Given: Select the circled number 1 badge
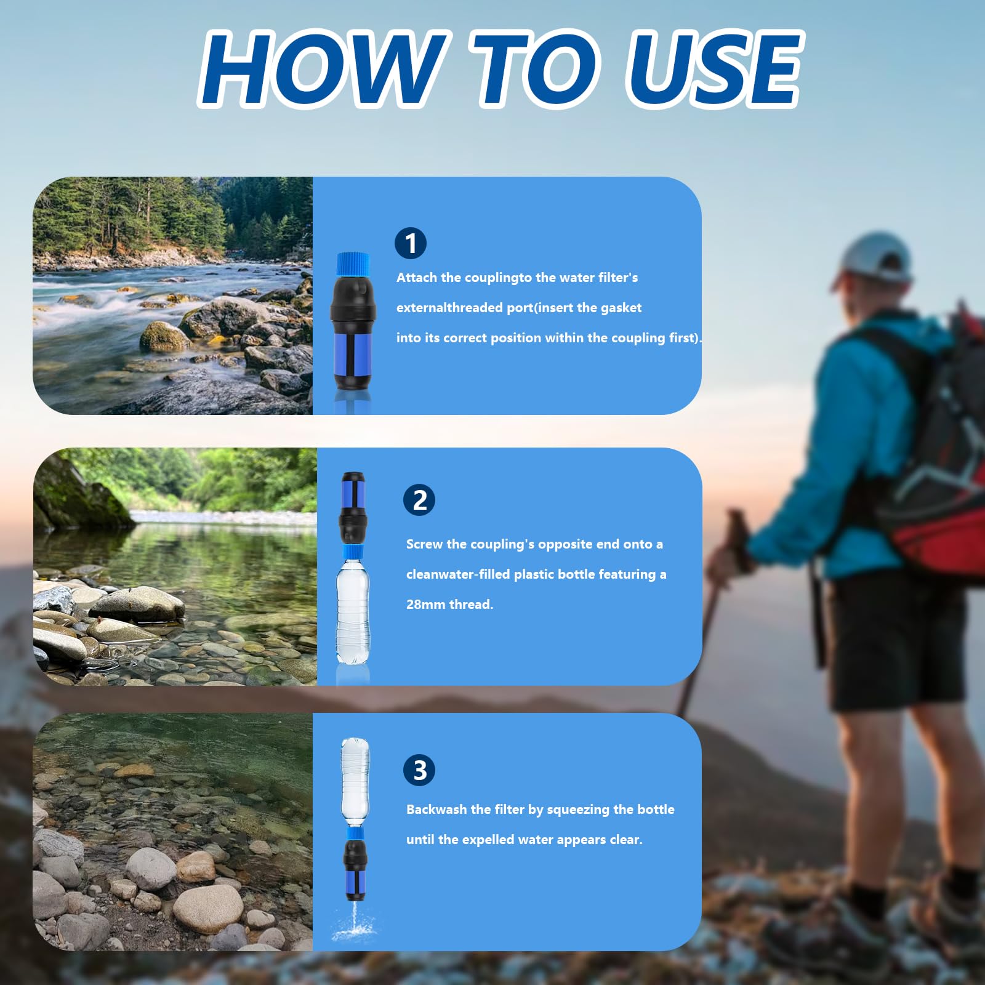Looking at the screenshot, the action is tap(411, 243).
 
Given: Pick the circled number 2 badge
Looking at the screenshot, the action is tap(419, 500).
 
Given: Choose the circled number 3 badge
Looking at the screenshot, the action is tap(419, 770).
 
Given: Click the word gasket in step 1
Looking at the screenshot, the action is tap(621, 308).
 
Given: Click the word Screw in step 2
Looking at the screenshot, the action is tap(424, 544).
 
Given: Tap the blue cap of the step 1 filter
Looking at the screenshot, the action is tap(353, 264).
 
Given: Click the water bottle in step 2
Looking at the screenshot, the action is tap(353, 610).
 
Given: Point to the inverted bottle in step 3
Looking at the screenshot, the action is tap(355, 782).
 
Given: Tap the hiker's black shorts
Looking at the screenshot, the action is tap(896, 640).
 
